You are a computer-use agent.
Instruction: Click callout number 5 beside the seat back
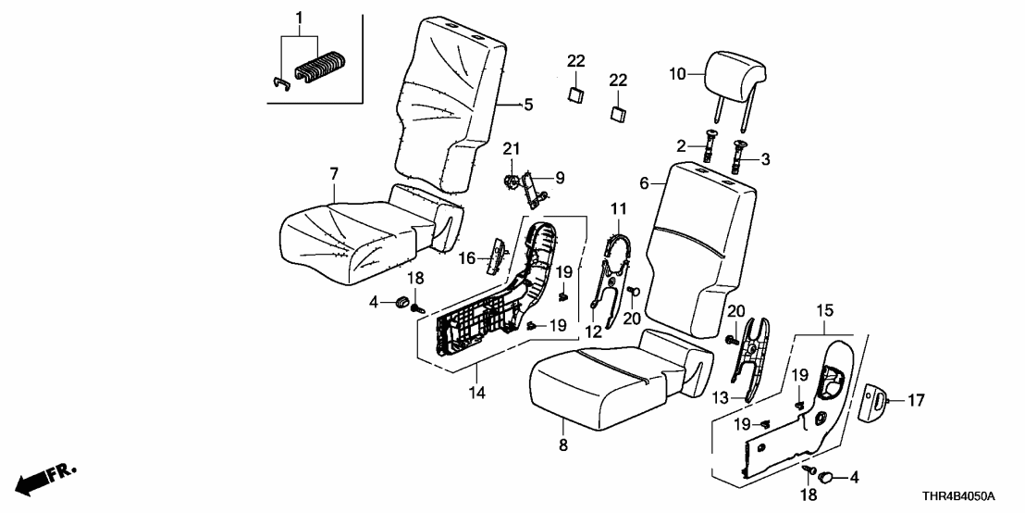[528, 106]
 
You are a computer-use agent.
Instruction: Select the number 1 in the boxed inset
[299, 18]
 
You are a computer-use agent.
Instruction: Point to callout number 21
[512, 149]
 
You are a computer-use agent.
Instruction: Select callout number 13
[721, 396]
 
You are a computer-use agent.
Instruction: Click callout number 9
[559, 176]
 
